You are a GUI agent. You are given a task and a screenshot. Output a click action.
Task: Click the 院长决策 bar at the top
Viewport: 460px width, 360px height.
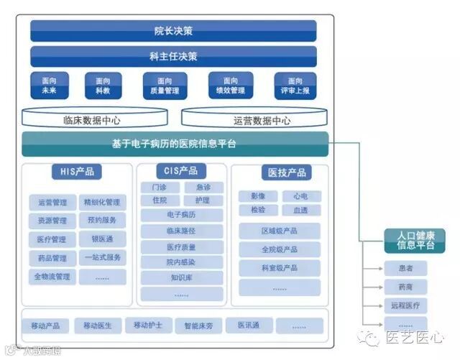[173, 31]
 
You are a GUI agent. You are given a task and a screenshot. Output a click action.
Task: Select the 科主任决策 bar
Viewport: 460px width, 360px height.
[173, 56]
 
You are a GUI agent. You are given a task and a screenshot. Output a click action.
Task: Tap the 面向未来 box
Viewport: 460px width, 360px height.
[49, 86]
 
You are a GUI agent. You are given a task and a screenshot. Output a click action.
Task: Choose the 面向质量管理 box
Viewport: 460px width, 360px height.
[165, 86]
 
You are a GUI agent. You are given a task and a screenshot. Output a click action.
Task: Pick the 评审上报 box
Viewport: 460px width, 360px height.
[295, 86]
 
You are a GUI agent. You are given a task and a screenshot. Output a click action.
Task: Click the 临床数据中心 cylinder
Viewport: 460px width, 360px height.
[96, 121]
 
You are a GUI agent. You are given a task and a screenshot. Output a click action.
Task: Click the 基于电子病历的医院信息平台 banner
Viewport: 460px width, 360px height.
[175, 144]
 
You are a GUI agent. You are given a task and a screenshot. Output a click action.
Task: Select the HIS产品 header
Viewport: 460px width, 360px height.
[76, 172]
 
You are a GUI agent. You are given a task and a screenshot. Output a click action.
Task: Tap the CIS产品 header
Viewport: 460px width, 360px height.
[181, 171]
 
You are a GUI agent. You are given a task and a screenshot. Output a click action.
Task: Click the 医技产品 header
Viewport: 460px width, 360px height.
[287, 172]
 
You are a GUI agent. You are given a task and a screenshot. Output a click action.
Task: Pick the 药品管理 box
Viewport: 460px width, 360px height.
[52, 258]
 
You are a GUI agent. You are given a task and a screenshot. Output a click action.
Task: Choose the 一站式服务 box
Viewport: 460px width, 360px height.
[103, 257]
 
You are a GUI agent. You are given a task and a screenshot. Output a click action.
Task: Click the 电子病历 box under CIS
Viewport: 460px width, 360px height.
[182, 214]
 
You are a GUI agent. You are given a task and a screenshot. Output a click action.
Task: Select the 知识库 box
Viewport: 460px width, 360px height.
[182, 277]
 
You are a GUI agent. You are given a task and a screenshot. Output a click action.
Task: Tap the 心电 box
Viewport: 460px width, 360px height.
[300, 196]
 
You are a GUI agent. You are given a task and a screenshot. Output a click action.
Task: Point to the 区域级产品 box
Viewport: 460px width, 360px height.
[280, 231]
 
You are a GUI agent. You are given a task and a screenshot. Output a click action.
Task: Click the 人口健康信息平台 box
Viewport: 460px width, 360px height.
[410, 241]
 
